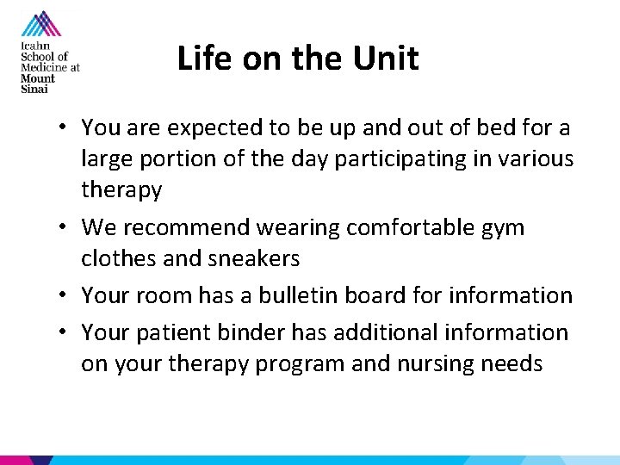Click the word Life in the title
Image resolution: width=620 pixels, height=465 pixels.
click(x=199, y=59)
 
